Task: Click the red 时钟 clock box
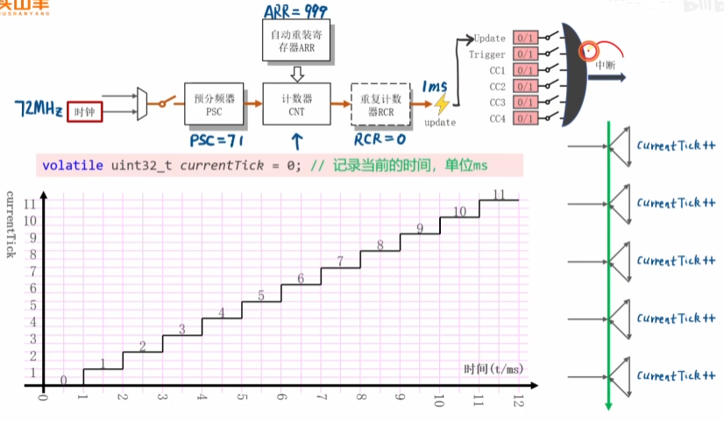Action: [86, 112]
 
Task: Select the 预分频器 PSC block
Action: [209, 105]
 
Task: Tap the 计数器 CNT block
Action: [297, 105]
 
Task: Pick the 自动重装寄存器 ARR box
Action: [297, 39]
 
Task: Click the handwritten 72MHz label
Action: [38, 110]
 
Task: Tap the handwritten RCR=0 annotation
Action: [380, 139]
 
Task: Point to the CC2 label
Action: [497, 86]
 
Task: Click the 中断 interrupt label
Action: [605, 64]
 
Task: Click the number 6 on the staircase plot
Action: [301, 279]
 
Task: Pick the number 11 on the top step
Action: [500, 195]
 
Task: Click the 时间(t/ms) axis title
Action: [493, 368]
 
